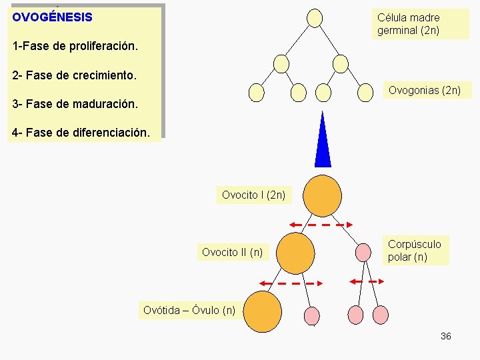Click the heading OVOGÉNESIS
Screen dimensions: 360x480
coord(52,17)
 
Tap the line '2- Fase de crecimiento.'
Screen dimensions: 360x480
coord(74,75)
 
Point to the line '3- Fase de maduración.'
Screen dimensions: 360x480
coord(75,104)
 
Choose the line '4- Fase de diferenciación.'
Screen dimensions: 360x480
coord(85,133)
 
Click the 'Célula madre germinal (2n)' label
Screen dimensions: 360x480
coord(409,23)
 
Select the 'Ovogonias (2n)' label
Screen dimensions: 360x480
coord(425,90)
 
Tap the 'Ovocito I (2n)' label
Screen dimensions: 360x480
coord(253,195)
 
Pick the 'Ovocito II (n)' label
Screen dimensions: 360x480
coord(232,252)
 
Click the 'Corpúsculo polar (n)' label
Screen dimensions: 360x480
coord(415,251)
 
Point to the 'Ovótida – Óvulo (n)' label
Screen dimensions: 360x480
coord(189,310)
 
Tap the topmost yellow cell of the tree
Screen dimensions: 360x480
coord(315,17)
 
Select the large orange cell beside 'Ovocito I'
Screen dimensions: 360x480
coord(323,195)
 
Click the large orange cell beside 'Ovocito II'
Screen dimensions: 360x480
coord(295,253)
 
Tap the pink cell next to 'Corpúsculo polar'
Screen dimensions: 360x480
coord(363,252)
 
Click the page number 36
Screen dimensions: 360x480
coord(446,336)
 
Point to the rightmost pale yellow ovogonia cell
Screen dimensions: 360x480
coord(365,93)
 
